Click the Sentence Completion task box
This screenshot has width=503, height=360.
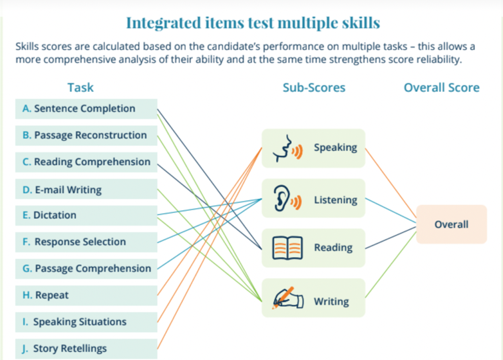click(86, 108)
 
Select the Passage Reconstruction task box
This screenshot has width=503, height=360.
click(86, 135)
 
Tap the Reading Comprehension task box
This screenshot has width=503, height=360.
click(86, 162)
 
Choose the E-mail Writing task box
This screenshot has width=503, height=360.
click(86, 189)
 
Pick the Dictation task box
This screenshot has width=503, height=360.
click(86, 216)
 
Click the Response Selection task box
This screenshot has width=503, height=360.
click(86, 242)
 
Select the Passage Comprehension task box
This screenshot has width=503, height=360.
click(86, 269)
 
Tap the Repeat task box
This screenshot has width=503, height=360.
click(86, 295)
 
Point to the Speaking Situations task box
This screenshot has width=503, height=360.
click(86, 322)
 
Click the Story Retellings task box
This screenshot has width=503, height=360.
click(86, 349)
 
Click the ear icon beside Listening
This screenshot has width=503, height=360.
click(287, 198)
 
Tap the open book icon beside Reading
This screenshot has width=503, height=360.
click(287, 248)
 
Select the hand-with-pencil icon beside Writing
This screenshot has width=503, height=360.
click(287, 297)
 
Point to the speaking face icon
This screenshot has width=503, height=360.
click(287, 148)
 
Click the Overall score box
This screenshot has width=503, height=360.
click(451, 224)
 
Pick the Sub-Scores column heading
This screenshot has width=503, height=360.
click(314, 88)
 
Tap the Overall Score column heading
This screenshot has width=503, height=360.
click(442, 88)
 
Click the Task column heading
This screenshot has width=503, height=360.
click(81, 88)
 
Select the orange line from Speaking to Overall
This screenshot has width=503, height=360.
click(391, 183)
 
